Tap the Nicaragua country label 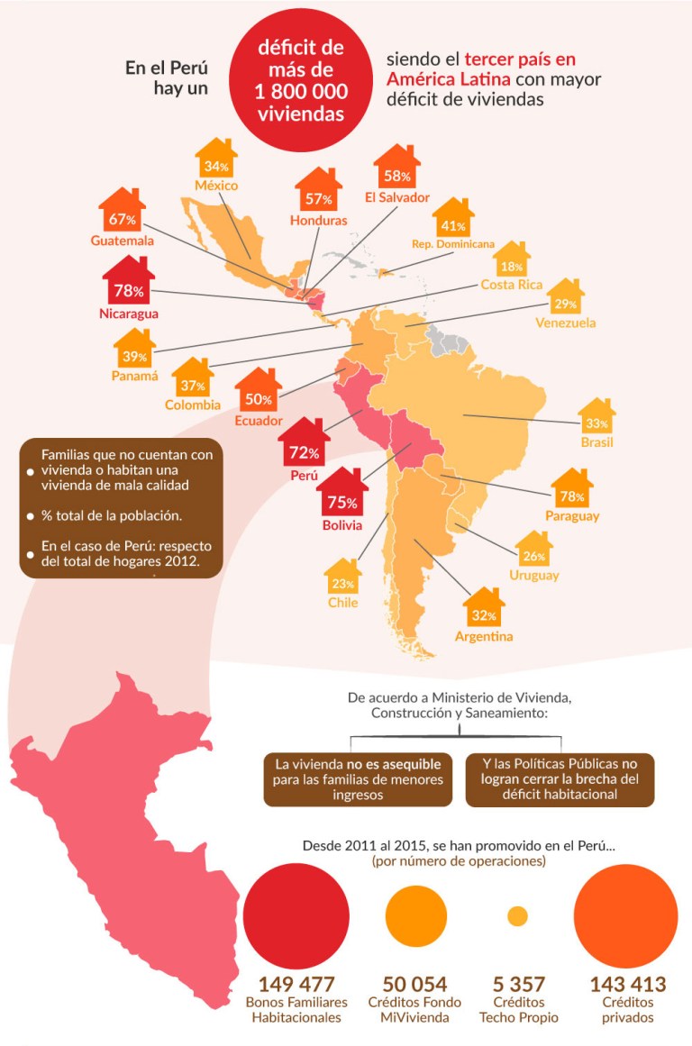(129, 314)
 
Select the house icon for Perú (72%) (305, 447)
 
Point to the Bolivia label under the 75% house (341, 524)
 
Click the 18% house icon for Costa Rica (512, 263)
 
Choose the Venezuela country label (565, 323)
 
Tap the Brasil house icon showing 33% (597, 419)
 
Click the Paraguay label (572, 516)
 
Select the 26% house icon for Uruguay (533, 551)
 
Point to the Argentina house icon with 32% (484, 612)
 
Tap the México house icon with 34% (215, 162)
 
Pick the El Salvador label (397, 197)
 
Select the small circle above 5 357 (517, 916)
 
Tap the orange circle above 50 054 (414, 915)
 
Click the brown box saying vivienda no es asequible (359, 779)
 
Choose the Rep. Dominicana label (453, 244)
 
